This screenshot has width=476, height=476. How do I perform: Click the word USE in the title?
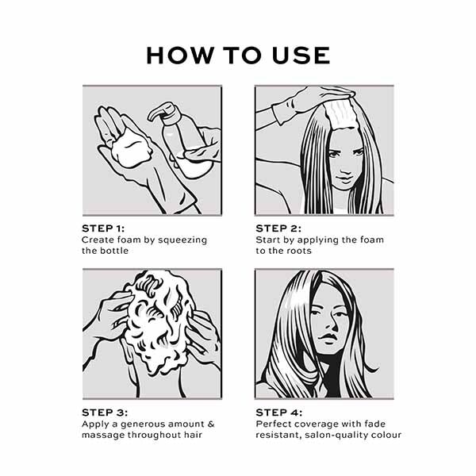(x=301, y=56)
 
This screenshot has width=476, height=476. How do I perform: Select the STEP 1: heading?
(x=103, y=228)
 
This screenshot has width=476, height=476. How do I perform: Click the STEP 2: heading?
(x=278, y=228)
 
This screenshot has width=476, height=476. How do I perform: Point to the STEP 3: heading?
(x=105, y=413)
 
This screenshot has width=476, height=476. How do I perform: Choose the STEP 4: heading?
(x=279, y=413)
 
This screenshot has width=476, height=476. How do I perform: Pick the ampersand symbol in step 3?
(x=211, y=424)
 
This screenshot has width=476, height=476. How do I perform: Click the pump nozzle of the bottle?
(x=160, y=112)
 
